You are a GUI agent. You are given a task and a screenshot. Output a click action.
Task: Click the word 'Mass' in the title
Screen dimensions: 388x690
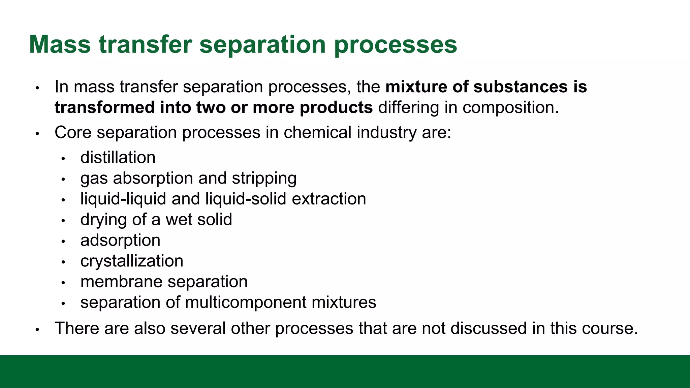[60, 44]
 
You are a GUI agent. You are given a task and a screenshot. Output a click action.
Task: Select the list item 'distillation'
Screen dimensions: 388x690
[118, 158]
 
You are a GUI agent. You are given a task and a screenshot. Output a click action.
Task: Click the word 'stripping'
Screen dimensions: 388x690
[264, 179]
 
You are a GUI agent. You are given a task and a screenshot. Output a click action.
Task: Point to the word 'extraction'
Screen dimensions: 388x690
[329, 199]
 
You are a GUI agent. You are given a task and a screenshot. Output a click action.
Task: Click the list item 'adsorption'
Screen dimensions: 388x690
[120, 240]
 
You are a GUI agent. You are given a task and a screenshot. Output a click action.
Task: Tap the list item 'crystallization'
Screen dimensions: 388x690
[132, 261]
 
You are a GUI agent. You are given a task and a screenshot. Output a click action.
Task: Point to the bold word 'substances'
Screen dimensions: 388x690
[520, 87]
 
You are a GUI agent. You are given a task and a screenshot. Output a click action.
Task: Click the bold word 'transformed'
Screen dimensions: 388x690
[104, 107]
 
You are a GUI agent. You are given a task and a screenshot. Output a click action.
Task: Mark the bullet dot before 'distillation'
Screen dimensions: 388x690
[63, 158]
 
